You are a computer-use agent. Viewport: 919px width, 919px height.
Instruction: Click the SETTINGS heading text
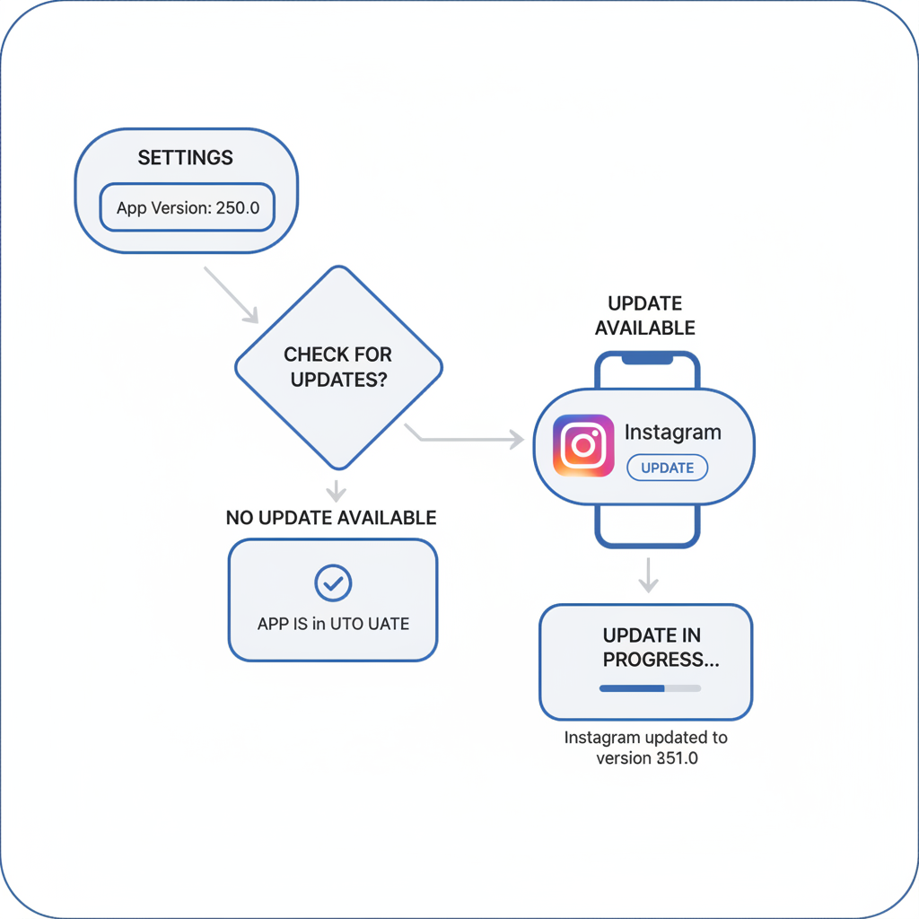185,158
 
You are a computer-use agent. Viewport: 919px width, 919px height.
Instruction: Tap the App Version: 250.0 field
187,207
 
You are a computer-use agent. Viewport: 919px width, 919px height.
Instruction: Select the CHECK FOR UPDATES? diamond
338,368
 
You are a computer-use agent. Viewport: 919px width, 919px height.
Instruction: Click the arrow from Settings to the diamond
231,294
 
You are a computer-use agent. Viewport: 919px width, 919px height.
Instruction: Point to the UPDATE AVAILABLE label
645,316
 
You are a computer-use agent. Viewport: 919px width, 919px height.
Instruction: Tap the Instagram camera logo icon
583,445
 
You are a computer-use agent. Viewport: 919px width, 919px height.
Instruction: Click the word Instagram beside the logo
672,433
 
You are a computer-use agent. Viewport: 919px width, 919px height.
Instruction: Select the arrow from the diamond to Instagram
467,439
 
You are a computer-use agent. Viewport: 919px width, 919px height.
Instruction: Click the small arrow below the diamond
336,490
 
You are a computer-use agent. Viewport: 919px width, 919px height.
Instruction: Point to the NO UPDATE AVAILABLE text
331,518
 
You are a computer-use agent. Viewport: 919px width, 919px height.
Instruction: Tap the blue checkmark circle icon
333,583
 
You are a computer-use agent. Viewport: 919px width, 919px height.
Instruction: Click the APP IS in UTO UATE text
333,624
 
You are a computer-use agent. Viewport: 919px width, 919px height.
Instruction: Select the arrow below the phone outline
648,575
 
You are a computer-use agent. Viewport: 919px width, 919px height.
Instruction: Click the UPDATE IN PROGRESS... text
652,647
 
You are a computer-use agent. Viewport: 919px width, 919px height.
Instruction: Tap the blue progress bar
632,688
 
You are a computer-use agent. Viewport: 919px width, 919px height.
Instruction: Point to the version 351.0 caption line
646,758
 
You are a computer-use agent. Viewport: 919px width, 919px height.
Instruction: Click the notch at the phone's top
647,358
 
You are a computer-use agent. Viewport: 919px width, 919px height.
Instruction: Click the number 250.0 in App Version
238,207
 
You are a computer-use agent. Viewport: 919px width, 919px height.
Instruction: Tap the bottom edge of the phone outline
647,544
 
